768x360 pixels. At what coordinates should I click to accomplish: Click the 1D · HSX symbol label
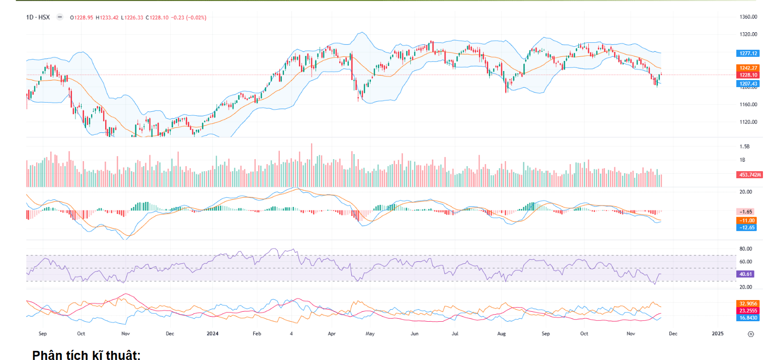pyautogui.click(x=38, y=18)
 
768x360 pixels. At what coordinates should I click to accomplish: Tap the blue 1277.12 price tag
pyautogui.click(x=747, y=53)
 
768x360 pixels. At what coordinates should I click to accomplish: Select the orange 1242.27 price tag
pyautogui.click(x=747, y=68)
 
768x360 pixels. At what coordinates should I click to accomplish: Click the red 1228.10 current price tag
pyautogui.click(x=747, y=75)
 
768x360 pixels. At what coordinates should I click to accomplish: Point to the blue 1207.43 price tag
pyautogui.click(x=747, y=83)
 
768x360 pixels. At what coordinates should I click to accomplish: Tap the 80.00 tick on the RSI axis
pyautogui.click(x=746, y=249)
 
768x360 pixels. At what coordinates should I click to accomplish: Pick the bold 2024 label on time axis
pyautogui.click(x=213, y=333)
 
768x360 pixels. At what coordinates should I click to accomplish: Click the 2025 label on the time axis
pyautogui.click(x=717, y=333)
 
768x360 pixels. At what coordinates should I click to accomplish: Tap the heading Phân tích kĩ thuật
pyautogui.click(x=86, y=355)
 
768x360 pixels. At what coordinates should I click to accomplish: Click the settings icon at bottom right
pyautogui.click(x=750, y=334)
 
